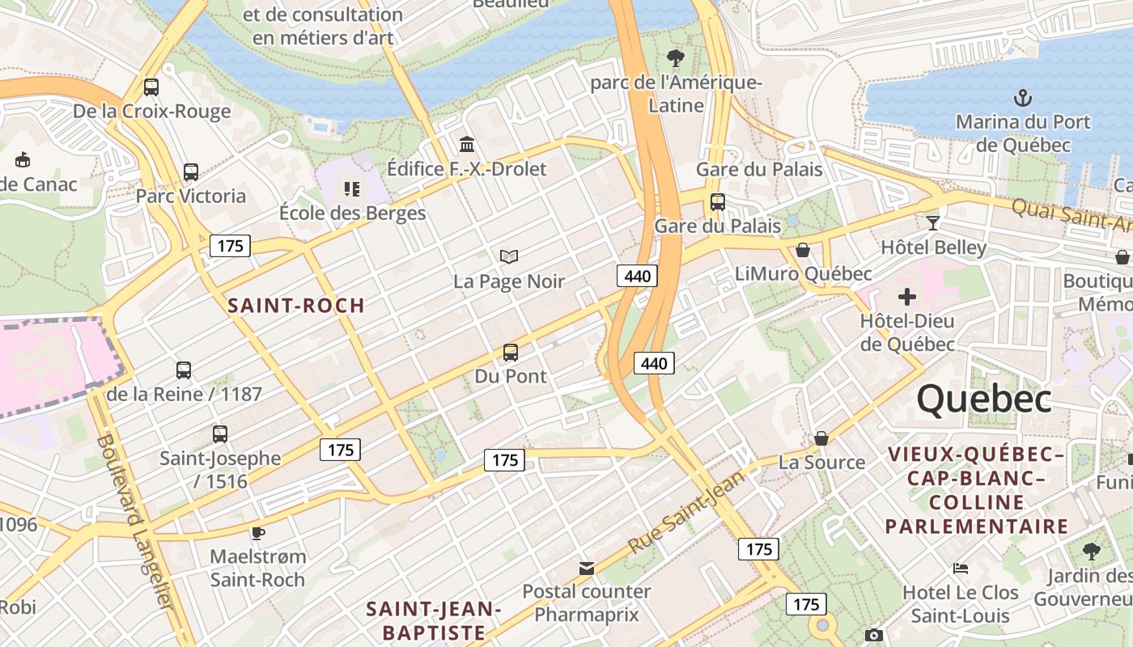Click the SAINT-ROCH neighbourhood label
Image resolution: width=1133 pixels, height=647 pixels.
(296, 306)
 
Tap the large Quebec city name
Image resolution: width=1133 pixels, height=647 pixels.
(983, 400)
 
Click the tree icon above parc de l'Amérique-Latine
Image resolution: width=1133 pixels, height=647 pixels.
(675, 58)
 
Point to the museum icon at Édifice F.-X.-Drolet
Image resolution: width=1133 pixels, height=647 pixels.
(467, 145)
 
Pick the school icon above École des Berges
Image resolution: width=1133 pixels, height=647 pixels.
(351, 189)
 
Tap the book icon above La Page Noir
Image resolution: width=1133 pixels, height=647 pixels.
(508, 257)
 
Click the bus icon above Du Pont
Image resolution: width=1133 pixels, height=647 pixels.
(510, 353)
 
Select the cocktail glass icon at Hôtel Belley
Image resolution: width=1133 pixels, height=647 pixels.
(933, 222)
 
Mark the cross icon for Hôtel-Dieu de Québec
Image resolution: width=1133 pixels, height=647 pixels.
(906, 297)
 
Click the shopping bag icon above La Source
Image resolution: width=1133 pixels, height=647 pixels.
(821, 438)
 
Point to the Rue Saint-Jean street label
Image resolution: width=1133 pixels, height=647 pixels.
(686, 512)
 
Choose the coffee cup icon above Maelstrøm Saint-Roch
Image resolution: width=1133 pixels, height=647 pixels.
(257, 533)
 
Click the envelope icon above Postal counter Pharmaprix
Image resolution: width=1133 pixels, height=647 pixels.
(587, 569)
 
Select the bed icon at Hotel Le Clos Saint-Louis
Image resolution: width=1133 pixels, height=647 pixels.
(961, 569)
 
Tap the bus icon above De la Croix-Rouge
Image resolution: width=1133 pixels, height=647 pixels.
(151, 87)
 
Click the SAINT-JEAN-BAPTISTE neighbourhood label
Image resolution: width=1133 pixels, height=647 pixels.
(435, 620)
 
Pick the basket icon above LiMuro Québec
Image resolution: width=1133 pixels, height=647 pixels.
(803, 251)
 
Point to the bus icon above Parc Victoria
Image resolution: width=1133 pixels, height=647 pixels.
(190, 172)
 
